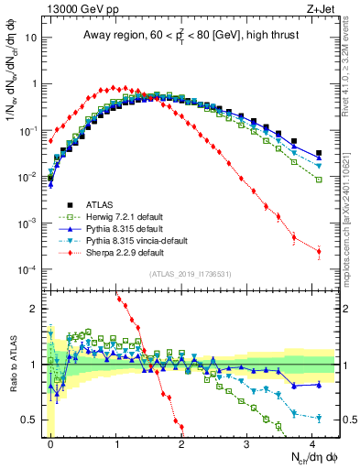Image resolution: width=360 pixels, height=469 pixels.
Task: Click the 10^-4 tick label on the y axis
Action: [x=27, y=269]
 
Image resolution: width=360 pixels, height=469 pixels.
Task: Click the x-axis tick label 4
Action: [x=312, y=443]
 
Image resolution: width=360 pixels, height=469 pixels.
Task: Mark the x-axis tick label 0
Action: [x=51, y=443]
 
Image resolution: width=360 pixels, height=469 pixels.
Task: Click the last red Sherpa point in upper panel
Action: [x=319, y=252]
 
